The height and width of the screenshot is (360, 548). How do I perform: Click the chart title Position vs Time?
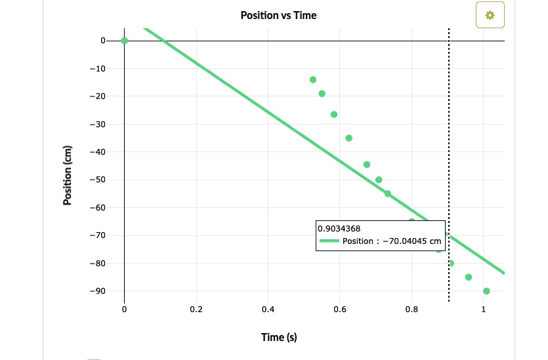point(278,15)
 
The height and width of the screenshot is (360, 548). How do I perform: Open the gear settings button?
point(490,15)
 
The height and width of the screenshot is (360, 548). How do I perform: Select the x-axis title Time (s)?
point(279,337)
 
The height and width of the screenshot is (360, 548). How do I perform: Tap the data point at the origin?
point(124,41)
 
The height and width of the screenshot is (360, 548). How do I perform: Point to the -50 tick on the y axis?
point(97,180)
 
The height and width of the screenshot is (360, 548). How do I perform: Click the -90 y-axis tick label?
point(97,290)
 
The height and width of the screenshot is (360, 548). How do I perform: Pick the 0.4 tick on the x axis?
point(268,309)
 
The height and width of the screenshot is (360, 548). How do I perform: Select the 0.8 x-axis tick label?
point(411,309)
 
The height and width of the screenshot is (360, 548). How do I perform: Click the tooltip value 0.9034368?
point(338,229)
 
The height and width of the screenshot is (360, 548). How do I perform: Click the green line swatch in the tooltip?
point(329,241)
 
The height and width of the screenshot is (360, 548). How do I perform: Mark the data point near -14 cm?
point(313,79)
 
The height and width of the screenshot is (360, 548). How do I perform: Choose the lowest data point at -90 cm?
point(486,290)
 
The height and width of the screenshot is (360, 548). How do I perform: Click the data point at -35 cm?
point(348,138)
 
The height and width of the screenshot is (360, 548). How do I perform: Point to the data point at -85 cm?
point(469,277)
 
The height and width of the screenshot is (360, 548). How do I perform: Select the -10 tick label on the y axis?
point(97,68)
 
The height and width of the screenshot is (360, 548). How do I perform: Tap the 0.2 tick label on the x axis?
point(196,309)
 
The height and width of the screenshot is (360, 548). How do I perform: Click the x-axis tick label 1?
point(484,309)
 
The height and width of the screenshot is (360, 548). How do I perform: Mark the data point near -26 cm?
point(334,114)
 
